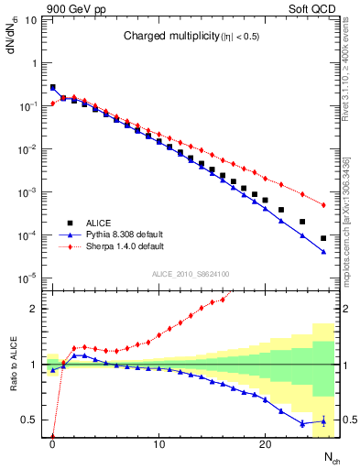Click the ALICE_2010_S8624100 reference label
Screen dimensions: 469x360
190,273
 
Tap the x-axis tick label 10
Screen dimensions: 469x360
159,443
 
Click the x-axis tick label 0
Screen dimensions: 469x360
53,443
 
